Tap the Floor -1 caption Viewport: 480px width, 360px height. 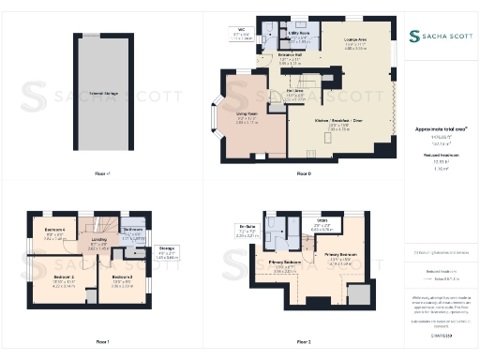102,173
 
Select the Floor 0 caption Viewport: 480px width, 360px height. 303,173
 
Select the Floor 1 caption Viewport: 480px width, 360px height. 102,341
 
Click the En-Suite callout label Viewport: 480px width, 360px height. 249,230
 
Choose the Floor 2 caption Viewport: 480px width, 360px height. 303,341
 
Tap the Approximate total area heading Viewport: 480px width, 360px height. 440,129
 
